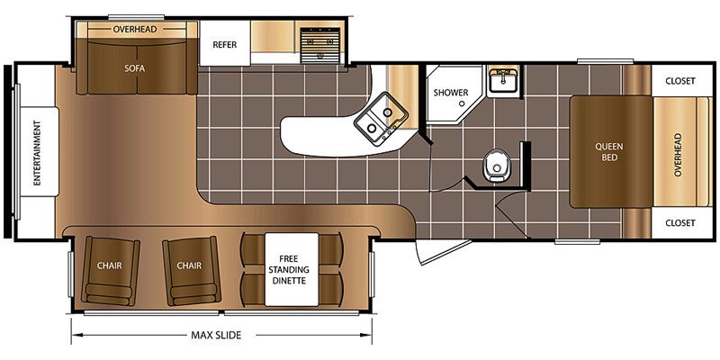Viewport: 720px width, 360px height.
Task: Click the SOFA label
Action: coord(134,68)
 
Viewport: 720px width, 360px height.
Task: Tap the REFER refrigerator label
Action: coord(224,44)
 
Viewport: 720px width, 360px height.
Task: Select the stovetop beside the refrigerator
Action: coord(320,45)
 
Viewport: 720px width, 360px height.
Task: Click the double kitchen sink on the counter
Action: coord(381,119)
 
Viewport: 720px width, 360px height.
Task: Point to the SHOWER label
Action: coord(451,93)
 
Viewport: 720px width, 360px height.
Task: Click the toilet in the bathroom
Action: coord(494,166)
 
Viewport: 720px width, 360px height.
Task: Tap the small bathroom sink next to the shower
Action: coord(503,81)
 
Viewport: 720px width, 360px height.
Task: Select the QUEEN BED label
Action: coord(609,152)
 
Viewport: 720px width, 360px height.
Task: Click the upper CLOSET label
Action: coord(680,81)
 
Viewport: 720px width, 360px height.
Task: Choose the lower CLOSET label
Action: coord(680,222)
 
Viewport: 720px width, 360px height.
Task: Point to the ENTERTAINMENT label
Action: coord(37,153)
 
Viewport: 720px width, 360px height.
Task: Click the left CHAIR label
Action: coord(109,265)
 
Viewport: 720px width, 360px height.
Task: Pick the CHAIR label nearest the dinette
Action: coord(189,265)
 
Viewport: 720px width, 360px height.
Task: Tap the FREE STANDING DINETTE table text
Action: coord(292,269)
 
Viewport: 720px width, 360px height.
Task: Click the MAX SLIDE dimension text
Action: coord(216,335)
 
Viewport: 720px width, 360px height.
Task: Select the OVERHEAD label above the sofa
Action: coord(135,30)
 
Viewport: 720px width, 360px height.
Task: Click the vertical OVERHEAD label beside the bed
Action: coord(678,155)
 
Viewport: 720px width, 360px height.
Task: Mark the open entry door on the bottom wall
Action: coord(444,252)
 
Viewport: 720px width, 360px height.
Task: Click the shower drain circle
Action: coord(460,104)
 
